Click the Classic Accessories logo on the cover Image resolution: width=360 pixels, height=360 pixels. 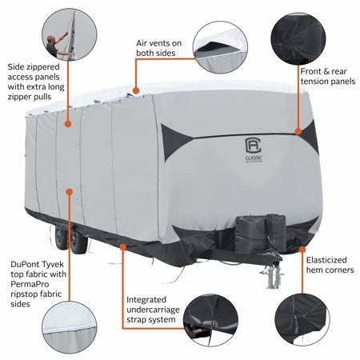(254, 150)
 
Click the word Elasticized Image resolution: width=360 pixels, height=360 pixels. (326, 260)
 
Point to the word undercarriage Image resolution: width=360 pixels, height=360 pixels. (153, 310)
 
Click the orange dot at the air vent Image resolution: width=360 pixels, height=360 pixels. (136, 91)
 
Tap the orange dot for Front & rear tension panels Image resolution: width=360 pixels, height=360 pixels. (298, 131)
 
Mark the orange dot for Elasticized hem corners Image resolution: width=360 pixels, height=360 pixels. (302, 250)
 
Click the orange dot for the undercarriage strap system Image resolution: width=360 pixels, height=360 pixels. (123, 247)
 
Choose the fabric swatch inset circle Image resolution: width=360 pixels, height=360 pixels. (70, 327)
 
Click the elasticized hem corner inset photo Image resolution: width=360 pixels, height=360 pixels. (302, 319)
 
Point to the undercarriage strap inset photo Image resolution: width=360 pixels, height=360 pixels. (211, 320)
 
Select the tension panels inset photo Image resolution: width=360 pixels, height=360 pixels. (298, 38)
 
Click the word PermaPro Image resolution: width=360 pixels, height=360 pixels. (30, 284)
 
